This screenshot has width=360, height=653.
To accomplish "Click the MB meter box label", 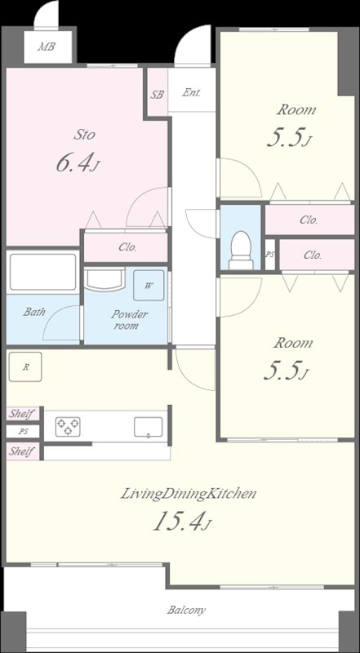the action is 47,47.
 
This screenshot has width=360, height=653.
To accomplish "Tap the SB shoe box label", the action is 157,95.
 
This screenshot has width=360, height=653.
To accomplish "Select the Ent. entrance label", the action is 192,93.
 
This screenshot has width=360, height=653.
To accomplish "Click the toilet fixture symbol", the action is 241,251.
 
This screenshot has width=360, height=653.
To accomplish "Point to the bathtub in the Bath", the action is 43,272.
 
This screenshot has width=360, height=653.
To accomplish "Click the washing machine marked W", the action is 149,285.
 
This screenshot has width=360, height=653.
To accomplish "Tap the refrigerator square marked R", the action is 25,366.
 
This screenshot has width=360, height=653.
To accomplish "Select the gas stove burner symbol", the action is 67,427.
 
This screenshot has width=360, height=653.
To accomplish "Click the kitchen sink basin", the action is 149,427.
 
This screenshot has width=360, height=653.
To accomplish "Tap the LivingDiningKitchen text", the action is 188,495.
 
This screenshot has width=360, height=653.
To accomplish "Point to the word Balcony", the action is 186,610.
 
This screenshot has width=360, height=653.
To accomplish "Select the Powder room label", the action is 126,320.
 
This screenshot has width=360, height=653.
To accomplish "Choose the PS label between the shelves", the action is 23,432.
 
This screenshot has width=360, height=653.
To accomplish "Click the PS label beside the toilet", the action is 270,255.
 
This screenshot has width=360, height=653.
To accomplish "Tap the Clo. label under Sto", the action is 127,247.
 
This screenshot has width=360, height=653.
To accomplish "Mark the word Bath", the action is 34,312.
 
